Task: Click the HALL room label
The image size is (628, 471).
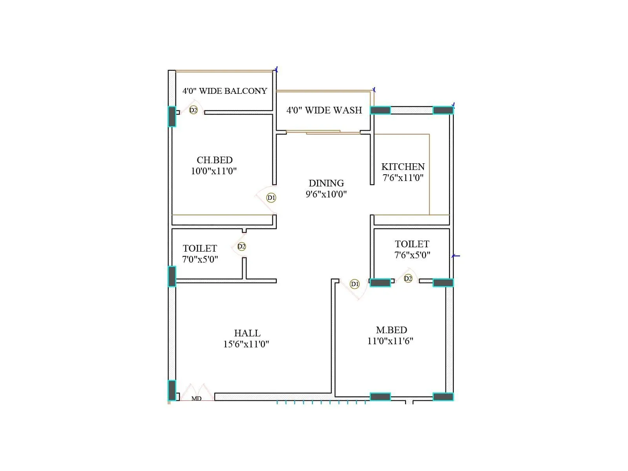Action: coord(247,333)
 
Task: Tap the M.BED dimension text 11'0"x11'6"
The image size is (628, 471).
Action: coord(390,341)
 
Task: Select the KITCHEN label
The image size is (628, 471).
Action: coord(403,167)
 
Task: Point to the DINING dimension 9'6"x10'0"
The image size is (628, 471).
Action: coord(326,194)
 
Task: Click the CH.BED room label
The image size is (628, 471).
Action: coord(215,160)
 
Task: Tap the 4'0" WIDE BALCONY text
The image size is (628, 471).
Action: coord(225,91)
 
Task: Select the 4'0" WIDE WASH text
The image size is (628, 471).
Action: coord(324,110)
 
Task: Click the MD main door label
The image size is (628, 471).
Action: coord(196,398)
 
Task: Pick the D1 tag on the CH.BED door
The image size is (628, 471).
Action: coord(271,198)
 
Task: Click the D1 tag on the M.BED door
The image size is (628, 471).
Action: coord(354,284)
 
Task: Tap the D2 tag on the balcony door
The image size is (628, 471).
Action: coord(193,110)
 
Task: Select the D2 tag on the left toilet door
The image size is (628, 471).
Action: coord(241,246)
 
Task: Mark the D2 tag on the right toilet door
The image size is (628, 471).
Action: coord(408,279)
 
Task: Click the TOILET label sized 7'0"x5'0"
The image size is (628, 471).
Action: coord(200,248)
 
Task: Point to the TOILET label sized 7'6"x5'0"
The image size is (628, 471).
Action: coord(412,244)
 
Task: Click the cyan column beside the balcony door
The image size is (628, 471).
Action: coord(172,117)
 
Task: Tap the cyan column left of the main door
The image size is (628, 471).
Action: coord(172,390)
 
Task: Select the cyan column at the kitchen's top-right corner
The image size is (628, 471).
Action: coord(443,110)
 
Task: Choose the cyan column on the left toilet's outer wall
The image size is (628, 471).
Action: coord(172,276)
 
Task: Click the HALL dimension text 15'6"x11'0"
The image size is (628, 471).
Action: coord(246,344)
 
